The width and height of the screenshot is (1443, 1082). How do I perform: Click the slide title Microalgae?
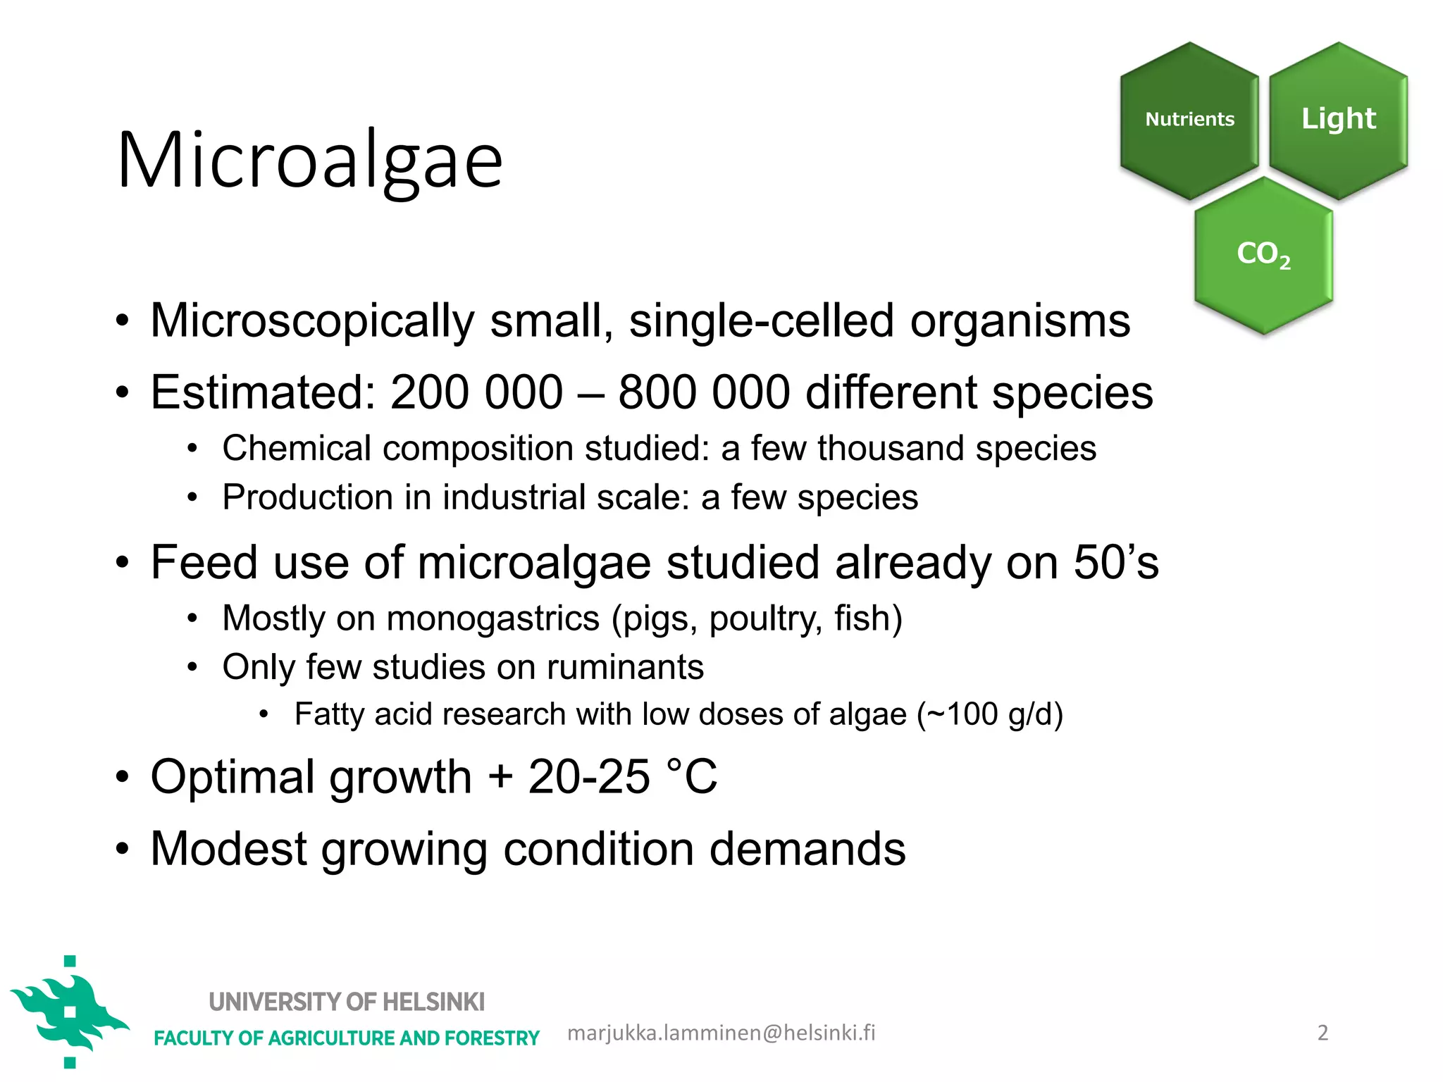coord(310,161)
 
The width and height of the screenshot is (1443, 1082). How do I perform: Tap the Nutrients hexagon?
coord(1189,119)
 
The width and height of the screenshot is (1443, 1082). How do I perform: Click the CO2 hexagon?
coord(1263,254)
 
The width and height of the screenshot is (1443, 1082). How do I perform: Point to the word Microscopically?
coord(312,321)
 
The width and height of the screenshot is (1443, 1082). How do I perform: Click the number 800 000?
coord(704,392)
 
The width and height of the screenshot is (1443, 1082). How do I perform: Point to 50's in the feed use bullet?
coord(1116,563)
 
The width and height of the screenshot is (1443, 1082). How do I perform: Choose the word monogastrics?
coord(493,618)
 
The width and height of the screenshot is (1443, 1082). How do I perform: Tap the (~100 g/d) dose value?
coord(990,714)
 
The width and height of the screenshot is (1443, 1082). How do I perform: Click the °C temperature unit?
coord(691,777)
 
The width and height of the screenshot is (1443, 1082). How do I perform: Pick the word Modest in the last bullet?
coord(228,849)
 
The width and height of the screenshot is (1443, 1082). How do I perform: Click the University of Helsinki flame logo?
coord(69,1012)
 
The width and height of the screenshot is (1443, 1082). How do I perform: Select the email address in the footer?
coord(721,1033)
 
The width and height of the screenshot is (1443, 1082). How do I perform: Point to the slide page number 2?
coord(1323,1033)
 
